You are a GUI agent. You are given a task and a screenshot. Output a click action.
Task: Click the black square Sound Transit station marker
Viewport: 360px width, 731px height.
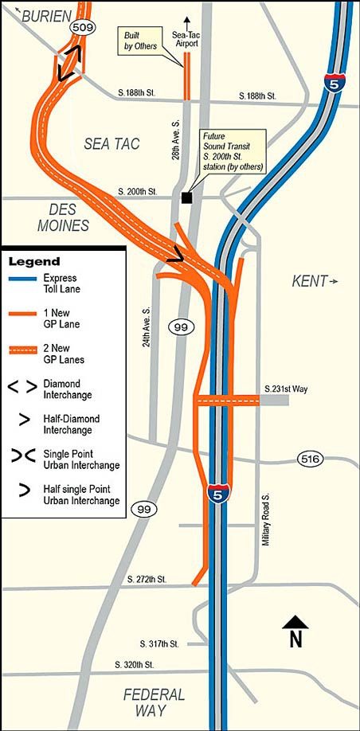(186, 197)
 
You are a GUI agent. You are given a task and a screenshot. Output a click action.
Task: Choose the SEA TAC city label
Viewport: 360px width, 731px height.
(112, 144)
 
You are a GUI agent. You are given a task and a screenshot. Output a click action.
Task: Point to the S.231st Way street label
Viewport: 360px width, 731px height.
(285, 389)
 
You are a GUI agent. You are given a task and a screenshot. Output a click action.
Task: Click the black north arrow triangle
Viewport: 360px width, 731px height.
(295, 623)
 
